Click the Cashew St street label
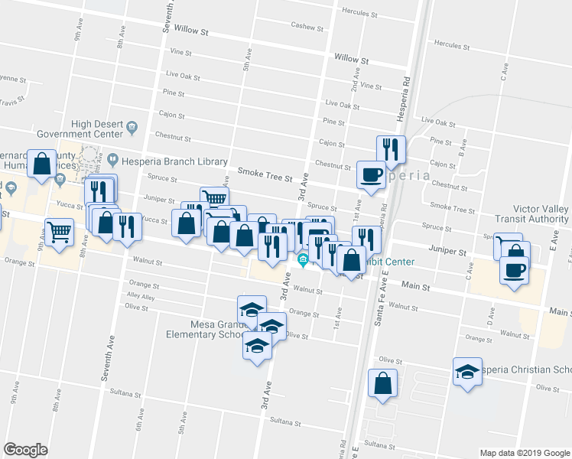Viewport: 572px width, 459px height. [307, 26]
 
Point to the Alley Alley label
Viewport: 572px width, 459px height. [141, 296]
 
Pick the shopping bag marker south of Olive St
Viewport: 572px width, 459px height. [382, 382]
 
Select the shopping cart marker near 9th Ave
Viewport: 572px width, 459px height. [59, 231]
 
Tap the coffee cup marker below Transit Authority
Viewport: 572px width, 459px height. [514, 269]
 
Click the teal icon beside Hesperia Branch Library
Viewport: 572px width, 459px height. [112, 161]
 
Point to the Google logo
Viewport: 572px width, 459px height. [25, 450]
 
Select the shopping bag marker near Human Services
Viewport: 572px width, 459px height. [43, 163]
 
